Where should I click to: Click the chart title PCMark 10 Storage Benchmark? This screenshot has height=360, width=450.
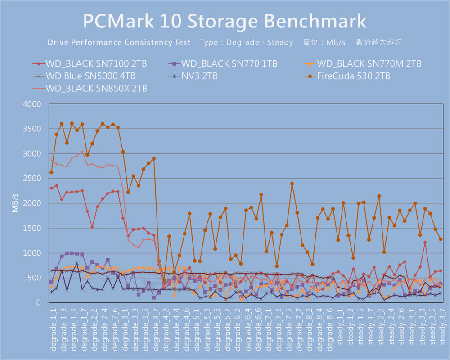(x=225, y=21)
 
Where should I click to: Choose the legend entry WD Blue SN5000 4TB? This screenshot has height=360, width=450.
(x=90, y=76)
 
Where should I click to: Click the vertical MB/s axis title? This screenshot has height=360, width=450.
(x=15, y=203)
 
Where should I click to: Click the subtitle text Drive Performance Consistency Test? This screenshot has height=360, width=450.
(x=119, y=42)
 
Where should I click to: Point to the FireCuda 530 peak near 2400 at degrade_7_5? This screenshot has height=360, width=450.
(x=292, y=184)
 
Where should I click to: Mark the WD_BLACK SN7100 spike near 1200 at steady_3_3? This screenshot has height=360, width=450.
(x=425, y=243)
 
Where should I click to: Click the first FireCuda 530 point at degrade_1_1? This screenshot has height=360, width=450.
(x=51, y=172)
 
